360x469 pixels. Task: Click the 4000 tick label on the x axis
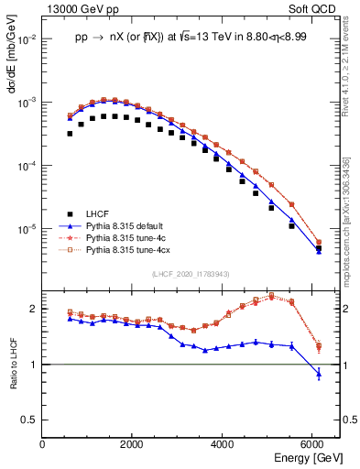click(223, 444)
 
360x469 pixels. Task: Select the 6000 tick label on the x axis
click(312, 444)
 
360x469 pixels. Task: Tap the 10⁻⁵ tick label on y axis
click(27, 228)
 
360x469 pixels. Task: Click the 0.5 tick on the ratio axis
click(29, 420)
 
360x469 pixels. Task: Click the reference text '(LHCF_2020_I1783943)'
click(191, 274)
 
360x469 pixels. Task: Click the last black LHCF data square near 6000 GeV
click(318, 248)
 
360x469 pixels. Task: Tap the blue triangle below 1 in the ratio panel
click(318, 374)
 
